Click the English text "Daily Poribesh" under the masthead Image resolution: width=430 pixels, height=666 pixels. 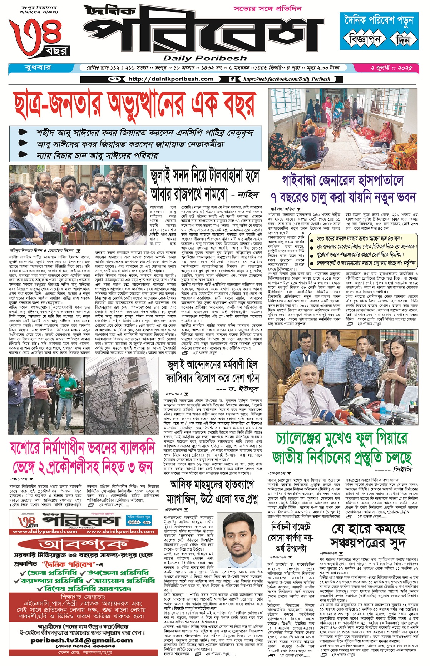tap(205, 58)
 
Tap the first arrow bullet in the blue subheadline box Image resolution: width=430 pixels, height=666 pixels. tap(23, 133)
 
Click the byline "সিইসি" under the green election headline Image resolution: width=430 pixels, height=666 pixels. tap(402, 469)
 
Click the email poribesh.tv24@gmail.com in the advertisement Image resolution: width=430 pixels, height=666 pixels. tap(81, 640)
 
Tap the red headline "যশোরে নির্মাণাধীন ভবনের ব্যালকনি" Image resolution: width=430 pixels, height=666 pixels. tap(83, 448)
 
